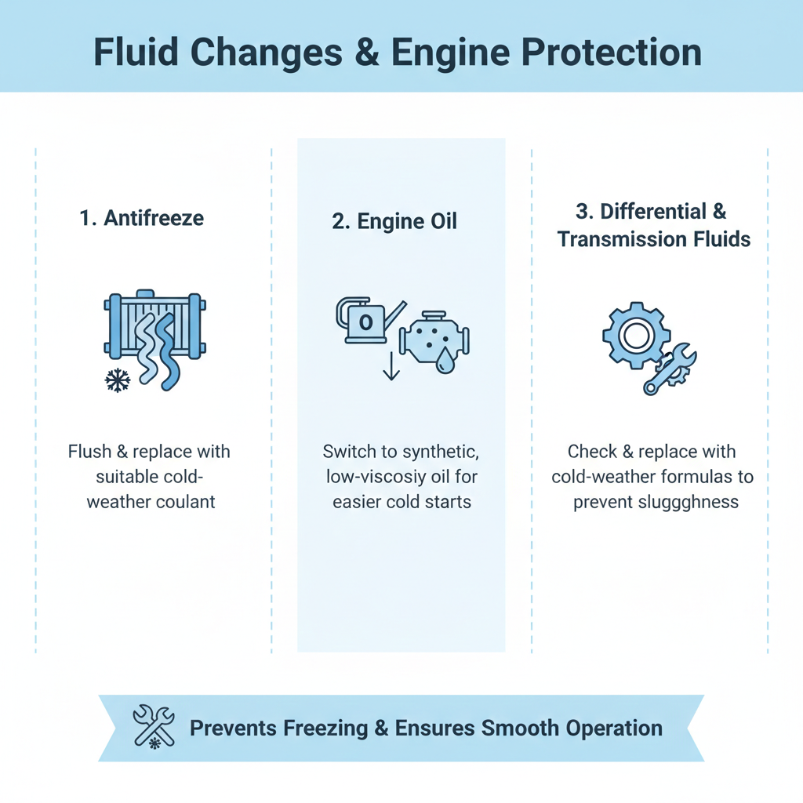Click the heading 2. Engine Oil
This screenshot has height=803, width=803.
(394, 222)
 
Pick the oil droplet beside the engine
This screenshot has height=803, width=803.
(445, 362)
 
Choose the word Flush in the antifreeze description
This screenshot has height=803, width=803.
(89, 452)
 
